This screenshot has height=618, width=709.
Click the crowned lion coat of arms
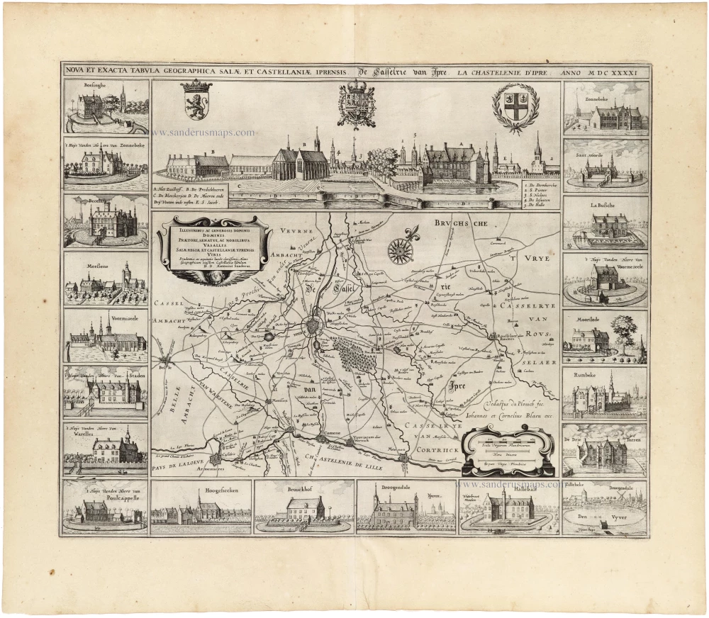pos(196,100)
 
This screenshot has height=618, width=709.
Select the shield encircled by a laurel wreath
pos(515,106)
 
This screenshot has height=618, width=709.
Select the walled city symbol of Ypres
pos(313,328)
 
